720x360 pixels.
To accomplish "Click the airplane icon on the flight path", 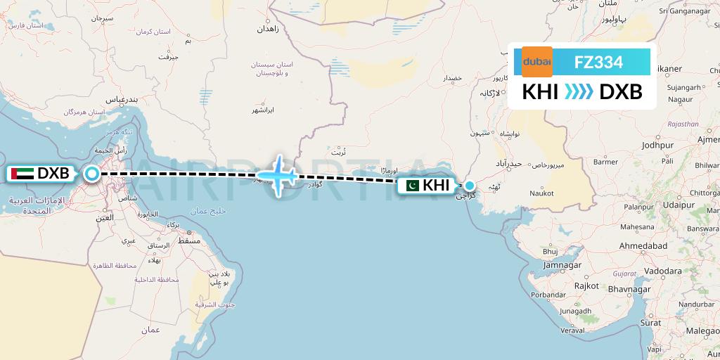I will (x=279, y=174).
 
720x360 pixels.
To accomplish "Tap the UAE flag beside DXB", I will (x=22, y=173).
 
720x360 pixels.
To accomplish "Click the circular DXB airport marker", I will (x=91, y=174).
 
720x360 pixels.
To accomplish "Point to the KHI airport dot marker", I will (x=469, y=186).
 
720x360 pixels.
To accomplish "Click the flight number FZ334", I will (x=598, y=62).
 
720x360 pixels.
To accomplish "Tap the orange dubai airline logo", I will (x=536, y=62).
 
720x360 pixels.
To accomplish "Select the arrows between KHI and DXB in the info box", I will (x=579, y=92).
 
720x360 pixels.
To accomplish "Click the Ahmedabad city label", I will (x=647, y=247).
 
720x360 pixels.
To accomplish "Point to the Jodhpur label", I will (x=658, y=144).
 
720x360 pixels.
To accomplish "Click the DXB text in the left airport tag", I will (x=53, y=173).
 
